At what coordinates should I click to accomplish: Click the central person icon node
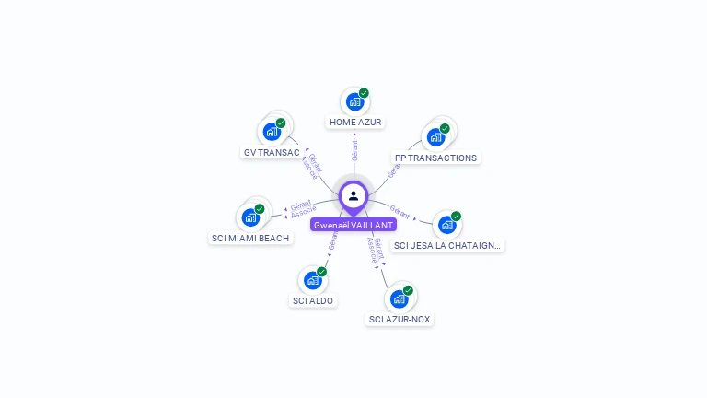353,195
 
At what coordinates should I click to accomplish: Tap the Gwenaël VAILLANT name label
353,225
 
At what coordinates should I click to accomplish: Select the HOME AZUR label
355,122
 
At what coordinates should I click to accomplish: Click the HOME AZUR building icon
354,102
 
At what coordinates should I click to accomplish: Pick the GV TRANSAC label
272,152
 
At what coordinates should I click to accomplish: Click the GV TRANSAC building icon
272,132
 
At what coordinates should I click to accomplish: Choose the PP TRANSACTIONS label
435,158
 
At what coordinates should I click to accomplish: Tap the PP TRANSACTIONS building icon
436,137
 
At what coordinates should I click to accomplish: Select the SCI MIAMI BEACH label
250,238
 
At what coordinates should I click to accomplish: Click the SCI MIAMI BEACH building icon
249,218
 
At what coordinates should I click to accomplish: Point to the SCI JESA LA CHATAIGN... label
447,245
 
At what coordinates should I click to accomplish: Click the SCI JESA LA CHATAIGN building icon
446,225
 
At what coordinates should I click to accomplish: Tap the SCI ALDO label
313,300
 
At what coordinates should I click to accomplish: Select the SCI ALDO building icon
312,280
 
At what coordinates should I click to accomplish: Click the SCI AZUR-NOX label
400,319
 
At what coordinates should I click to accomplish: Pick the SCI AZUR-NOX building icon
399,298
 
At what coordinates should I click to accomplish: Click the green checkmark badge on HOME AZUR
364,93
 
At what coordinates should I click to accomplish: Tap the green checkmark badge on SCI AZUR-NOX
408,290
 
